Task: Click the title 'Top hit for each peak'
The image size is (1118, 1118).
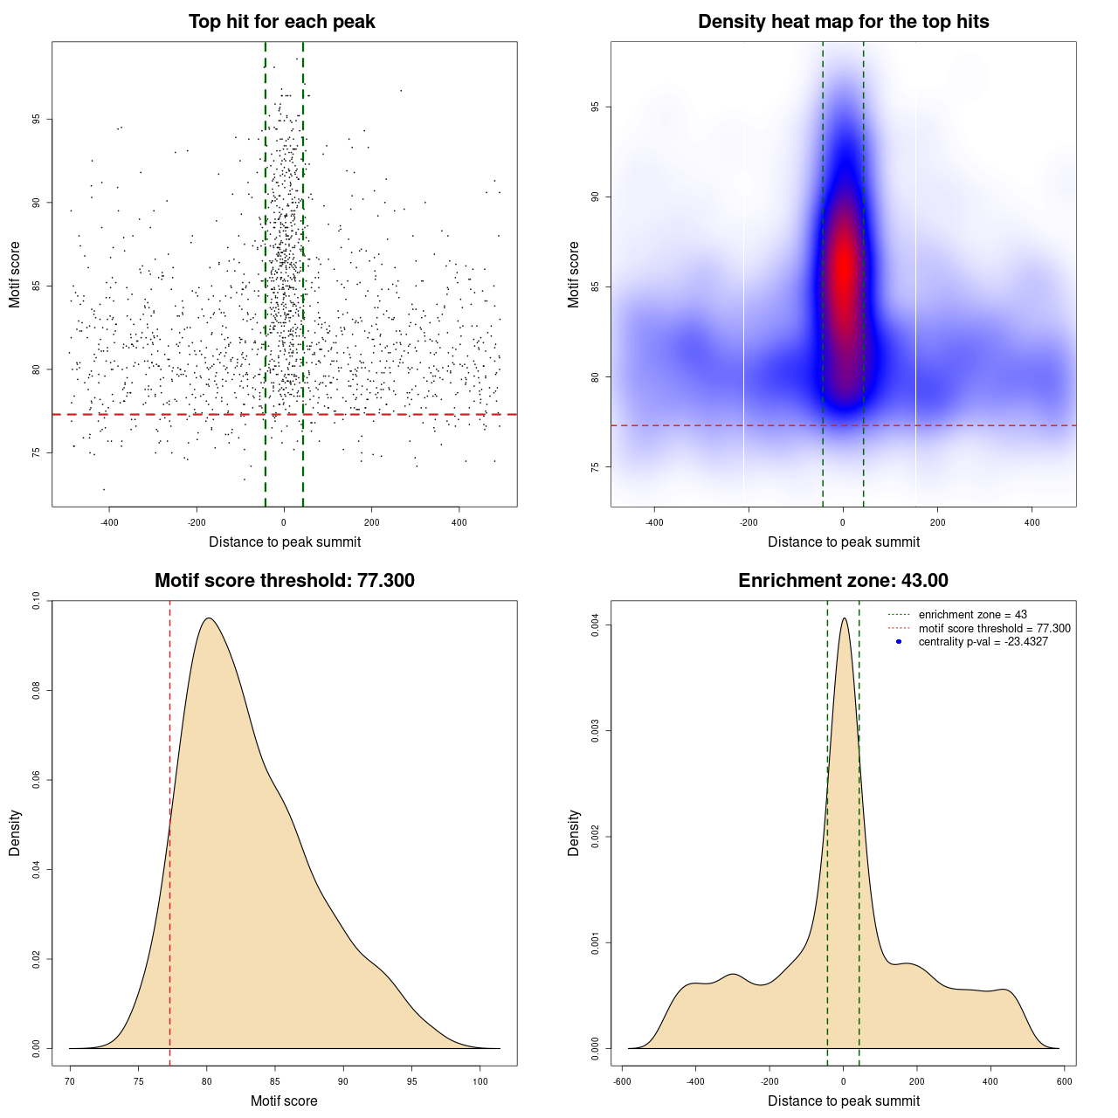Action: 282,22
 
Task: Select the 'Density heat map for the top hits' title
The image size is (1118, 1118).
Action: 843,22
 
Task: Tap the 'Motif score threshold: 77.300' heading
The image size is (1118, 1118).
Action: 284,581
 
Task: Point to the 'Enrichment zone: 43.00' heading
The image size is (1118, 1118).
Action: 843,581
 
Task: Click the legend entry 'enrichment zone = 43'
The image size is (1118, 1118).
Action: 972,615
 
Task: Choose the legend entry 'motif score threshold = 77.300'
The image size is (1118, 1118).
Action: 994,628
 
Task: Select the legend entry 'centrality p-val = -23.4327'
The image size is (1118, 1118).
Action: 983,642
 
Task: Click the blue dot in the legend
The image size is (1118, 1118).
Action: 899,642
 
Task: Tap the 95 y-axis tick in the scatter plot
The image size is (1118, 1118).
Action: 36,119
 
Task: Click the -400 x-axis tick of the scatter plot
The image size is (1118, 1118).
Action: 109,522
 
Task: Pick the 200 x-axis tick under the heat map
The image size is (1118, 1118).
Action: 937,522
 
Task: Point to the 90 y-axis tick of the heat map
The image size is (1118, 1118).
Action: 595,197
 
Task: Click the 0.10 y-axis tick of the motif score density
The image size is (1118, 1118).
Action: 36,601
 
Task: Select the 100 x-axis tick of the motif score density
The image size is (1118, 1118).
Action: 480,1081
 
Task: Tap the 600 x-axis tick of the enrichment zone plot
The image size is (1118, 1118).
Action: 1064,1081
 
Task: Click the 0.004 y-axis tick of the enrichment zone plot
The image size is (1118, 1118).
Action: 595,625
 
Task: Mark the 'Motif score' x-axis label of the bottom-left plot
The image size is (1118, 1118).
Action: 284,1101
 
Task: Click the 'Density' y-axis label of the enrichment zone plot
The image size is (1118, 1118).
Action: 574,832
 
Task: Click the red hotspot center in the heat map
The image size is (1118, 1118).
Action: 843,262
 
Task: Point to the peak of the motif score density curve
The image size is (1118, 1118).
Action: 208,618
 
